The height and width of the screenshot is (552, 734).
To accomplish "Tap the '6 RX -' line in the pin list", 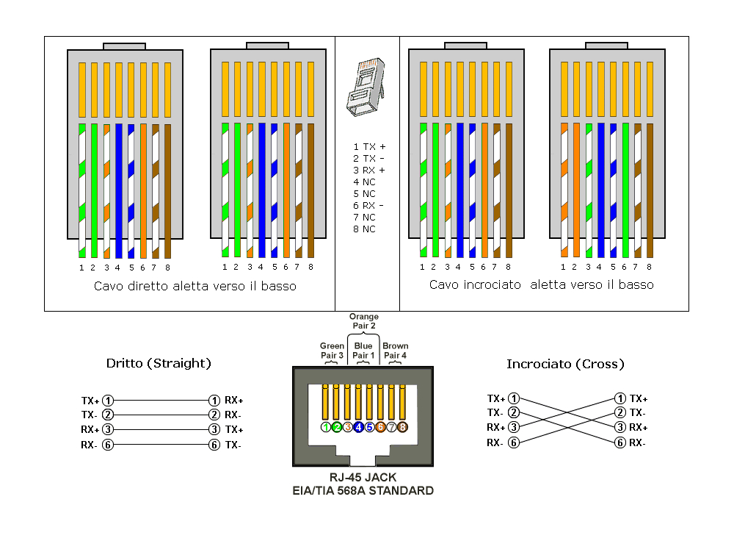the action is [368, 205].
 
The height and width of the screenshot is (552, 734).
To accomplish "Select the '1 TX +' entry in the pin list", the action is [369, 147].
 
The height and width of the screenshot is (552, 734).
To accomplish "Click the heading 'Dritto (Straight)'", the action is [159, 363].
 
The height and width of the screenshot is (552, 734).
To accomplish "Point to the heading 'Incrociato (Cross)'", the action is [565, 364].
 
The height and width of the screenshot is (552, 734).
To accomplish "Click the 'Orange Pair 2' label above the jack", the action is [364, 321].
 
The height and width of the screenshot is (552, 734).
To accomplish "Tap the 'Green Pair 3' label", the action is [332, 351].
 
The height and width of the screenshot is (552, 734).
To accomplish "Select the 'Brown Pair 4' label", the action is [396, 351].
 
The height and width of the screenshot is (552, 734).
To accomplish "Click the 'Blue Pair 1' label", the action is [363, 351].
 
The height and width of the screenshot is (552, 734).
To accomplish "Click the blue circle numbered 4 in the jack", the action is [359, 427].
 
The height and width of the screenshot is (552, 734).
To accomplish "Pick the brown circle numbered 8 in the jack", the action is [402, 427].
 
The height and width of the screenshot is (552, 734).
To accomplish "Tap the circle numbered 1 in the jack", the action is [326, 427].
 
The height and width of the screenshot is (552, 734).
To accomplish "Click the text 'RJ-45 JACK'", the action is [363, 478].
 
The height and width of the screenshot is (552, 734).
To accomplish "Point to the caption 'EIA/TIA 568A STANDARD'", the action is [363, 490].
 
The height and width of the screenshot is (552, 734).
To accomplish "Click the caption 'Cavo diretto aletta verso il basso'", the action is [195, 286].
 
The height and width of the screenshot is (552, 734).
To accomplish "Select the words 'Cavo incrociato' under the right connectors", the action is [475, 284].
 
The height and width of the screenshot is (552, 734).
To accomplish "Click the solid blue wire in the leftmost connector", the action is [119, 190].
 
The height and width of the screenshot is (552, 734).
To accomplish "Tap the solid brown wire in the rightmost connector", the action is [650, 190].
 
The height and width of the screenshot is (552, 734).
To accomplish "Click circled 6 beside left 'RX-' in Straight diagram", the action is [108, 445].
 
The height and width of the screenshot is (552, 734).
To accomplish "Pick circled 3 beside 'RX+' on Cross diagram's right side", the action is [619, 427].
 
